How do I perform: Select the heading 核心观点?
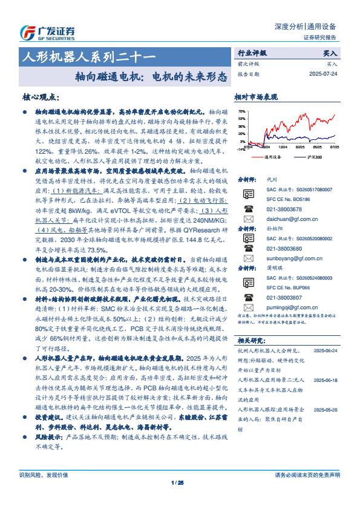click(41, 97)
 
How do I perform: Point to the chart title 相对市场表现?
click(256, 97)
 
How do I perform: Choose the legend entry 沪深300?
click(313, 157)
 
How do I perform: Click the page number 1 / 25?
click(177, 482)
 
